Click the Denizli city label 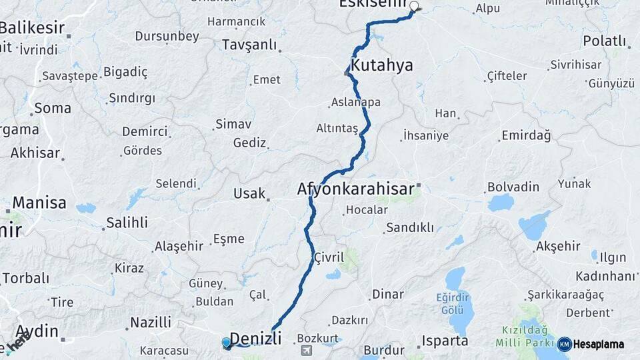(255, 337)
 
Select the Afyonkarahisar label (356, 189)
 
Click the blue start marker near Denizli (227, 343)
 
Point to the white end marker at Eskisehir (414, 7)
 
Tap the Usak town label (249, 193)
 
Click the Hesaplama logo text (598, 344)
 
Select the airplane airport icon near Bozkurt (306, 350)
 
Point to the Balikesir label (32, 28)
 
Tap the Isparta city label (445, 341)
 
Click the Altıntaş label (337, 127)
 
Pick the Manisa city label (39, 203)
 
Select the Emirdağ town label (526, 136)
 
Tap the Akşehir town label (557, 246)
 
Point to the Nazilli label (151, 323)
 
